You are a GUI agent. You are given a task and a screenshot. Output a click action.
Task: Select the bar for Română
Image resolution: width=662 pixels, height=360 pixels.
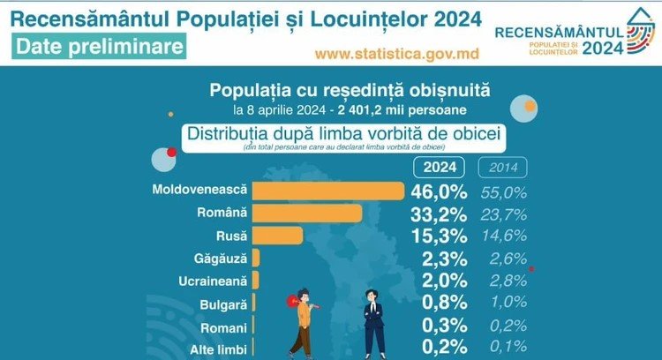[x=307, y=214]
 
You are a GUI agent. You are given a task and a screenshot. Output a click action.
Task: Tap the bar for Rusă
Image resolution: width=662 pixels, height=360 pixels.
[x=277, y=236]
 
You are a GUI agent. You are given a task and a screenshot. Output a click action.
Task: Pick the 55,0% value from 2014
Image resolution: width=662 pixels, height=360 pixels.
[x=503, y=191]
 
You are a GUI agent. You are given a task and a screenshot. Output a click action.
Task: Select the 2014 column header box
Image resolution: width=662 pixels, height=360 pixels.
[x=502, y=167]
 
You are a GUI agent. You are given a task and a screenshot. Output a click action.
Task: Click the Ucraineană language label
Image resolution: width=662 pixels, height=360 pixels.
[x=213, y=281]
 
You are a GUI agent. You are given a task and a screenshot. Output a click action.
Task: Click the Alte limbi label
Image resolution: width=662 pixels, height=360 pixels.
[x=219, y=349]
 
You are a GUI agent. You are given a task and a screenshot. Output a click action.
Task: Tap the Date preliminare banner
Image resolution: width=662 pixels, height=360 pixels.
[x=100, y=45]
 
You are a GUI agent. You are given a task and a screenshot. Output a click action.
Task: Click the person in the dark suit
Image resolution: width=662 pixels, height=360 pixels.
[x=374, y=322]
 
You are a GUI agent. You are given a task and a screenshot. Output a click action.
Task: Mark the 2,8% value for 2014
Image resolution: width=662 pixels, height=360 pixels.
[x=503, y=281]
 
